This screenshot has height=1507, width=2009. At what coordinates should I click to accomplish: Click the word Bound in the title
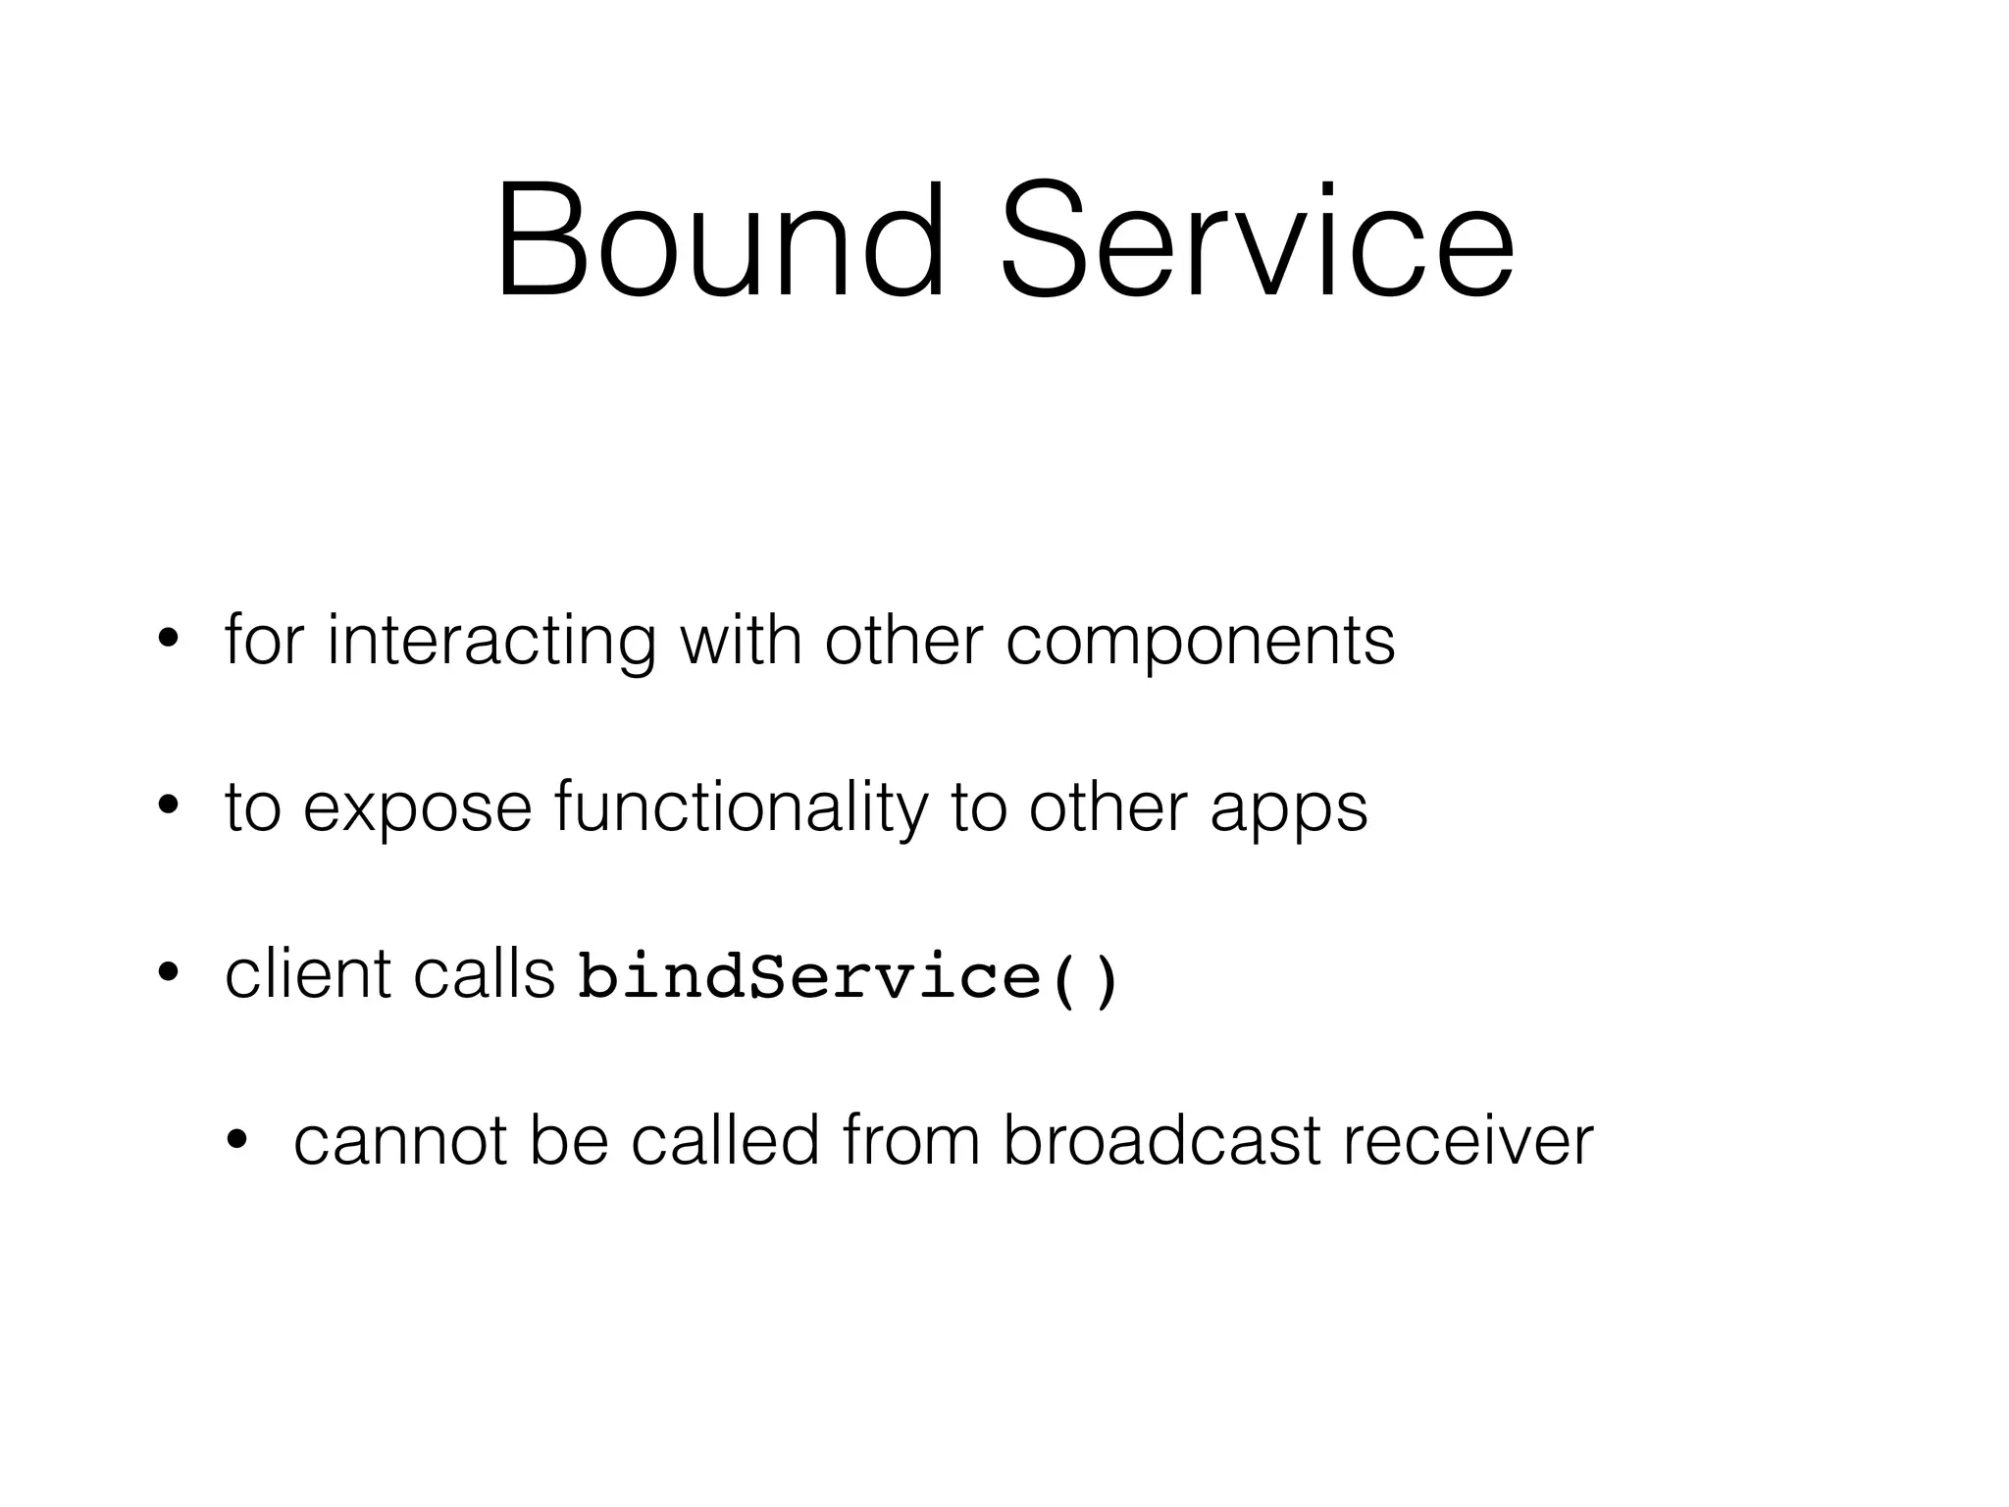point(721,240)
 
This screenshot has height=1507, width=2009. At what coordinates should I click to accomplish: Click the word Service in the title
point(1257,240)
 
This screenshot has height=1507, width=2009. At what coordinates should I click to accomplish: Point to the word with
point(741,640)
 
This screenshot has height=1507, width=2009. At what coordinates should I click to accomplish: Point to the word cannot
point(400,1142)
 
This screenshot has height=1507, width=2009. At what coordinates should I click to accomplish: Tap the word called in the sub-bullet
point(725,1141)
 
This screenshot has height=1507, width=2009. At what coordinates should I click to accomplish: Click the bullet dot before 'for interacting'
point(168,641)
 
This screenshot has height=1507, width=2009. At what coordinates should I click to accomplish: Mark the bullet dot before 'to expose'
point(168,807)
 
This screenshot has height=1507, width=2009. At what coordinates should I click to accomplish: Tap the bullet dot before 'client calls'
point(168,974)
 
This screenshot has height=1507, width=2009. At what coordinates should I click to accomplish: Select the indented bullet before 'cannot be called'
point(236,1141)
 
